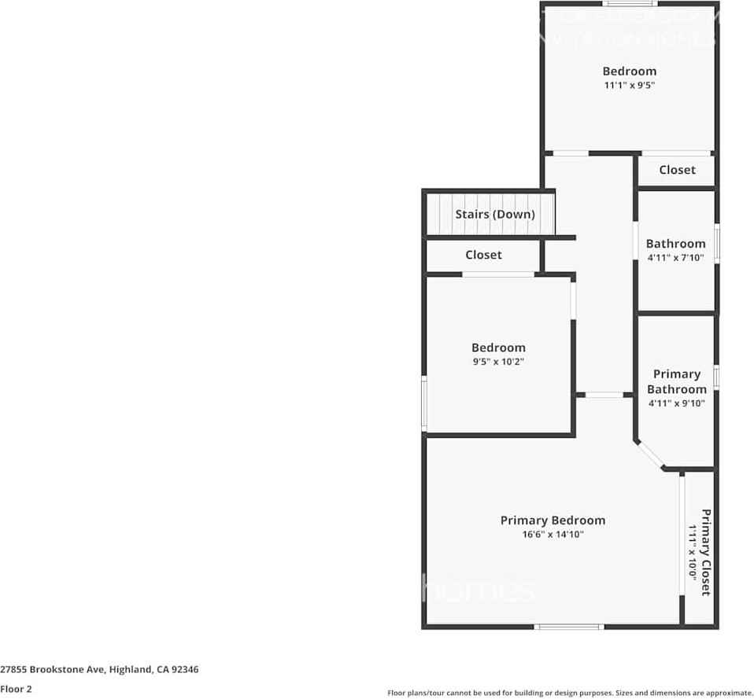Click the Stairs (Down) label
click(x=494, y=214)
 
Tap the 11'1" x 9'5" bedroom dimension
click(x=629, y=85)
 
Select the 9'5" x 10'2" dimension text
click(x=498, y=362)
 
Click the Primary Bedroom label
click(x=553, y=521)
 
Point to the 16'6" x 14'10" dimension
click(x=553, y=535)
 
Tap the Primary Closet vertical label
click(x=706, y=552)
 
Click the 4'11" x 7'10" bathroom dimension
click(x=675, y=257)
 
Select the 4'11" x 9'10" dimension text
click(x=676, y=403)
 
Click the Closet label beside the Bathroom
click(x=677, y=170)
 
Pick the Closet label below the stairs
click(x=483, y=255)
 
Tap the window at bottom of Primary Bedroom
click(x=569, y=627)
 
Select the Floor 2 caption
click(x=17, y=689)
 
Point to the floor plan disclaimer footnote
click(x=570, y=693)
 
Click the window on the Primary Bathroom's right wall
click(x=716, y=377)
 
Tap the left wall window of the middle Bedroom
click(x=424, y=403)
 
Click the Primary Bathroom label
click(x=676, y=381)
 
